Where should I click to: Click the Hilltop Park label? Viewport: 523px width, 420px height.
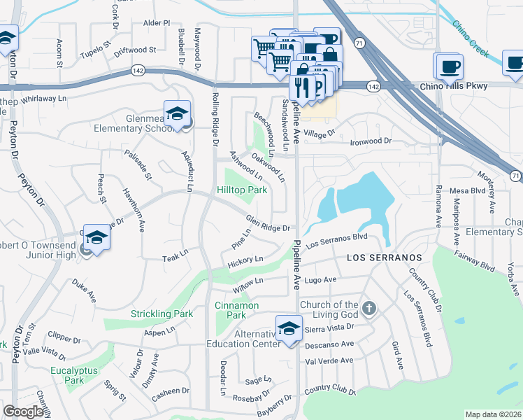tap(242, 190)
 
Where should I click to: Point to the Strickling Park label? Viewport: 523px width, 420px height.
tap(162, 314)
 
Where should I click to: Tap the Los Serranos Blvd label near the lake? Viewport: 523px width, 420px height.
tap(336, 240)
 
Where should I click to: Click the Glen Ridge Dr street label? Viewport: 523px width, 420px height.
tap(268, 222)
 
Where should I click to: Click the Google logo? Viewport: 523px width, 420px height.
tap(23, 412)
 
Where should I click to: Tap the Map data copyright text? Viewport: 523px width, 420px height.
tap(493, 414)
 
